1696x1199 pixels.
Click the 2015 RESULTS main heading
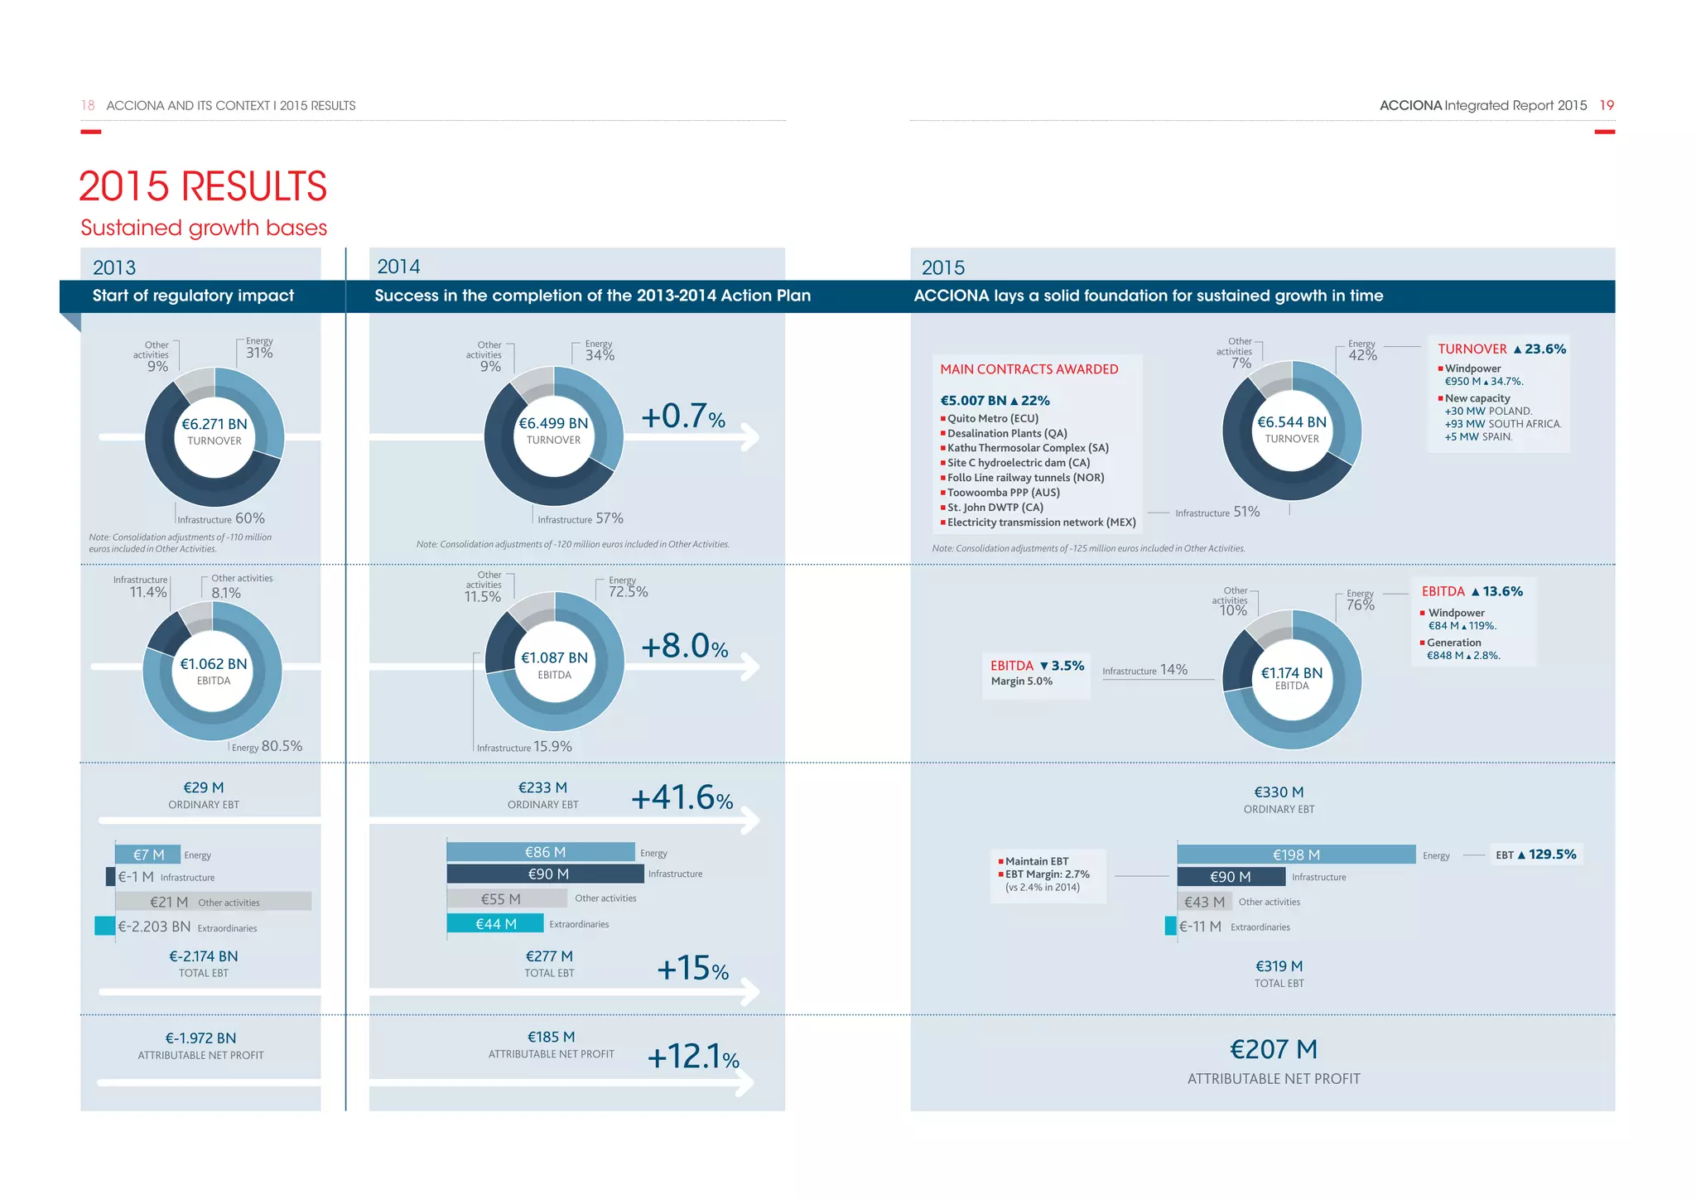(x=203, y=186)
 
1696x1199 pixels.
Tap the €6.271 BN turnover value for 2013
(x=214, y=424)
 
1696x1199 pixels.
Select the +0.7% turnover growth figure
(x=682, y=417)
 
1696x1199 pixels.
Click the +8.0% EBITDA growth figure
(x=684, y=647)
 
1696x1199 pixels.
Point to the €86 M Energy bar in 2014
(x=541, y=852)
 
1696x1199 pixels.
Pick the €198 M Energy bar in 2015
(x=1296, y=855)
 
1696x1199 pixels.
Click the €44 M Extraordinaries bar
(x=495, y=923)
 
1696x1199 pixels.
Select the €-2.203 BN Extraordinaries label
(x=154, y=927)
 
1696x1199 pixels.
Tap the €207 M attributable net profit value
(x=1274, y=1050)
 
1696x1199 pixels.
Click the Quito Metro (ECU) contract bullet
(x=992, y=418)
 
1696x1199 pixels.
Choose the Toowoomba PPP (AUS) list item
(x=1003, y=492)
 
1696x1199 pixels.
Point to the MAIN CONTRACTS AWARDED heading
(x=1029, y=369)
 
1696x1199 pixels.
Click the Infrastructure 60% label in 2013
(x=221, y=518)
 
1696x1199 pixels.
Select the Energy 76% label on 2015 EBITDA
(x=1360, y=601)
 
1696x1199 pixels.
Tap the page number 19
(x=1606, y=105)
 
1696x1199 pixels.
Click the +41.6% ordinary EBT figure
(x=682, y=798)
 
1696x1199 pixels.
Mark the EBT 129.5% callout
(x=1535, y=855)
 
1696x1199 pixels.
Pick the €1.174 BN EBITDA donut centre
(x=1291, y=677)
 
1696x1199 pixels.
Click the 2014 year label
(x=398, y=267)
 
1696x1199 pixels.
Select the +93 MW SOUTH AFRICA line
(x=1502, y=424)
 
